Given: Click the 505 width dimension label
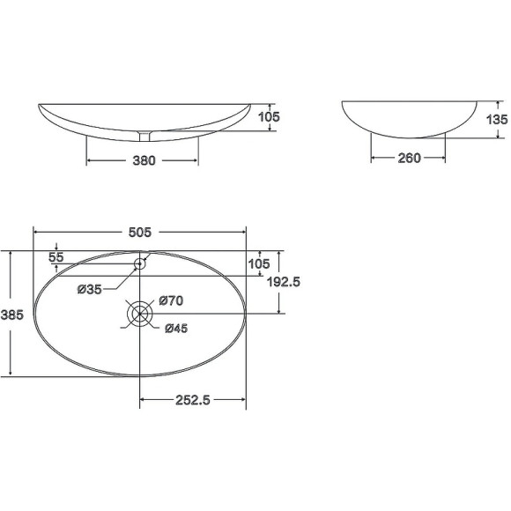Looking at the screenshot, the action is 140,233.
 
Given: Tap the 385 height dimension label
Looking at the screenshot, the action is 12,315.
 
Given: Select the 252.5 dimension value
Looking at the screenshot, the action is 193,400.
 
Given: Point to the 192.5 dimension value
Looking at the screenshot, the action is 283,282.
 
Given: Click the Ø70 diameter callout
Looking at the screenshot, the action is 171,300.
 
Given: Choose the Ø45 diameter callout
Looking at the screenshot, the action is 176,328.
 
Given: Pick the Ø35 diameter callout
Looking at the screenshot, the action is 90,289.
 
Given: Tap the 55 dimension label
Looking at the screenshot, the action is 56,257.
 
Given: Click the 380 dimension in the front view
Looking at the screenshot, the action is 144,160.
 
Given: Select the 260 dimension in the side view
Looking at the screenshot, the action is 410,158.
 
